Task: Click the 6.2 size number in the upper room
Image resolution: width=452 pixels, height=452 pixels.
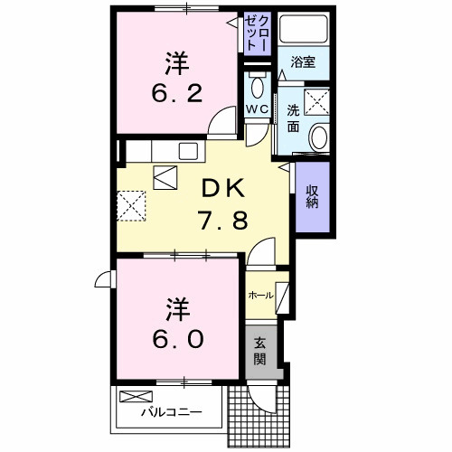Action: [x=177, y=93]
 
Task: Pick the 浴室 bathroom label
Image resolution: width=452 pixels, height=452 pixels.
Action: [x=302, y=63]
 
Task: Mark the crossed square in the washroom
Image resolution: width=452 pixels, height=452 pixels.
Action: [x=316, y=102]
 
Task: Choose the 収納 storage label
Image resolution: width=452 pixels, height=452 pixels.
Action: [x=311, y=195]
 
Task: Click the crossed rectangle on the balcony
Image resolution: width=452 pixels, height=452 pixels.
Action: [x=137, y=396]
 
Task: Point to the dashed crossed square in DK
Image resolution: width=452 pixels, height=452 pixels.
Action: [x=132, y=204]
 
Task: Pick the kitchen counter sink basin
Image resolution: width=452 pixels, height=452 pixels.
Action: [x=190, y=150]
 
